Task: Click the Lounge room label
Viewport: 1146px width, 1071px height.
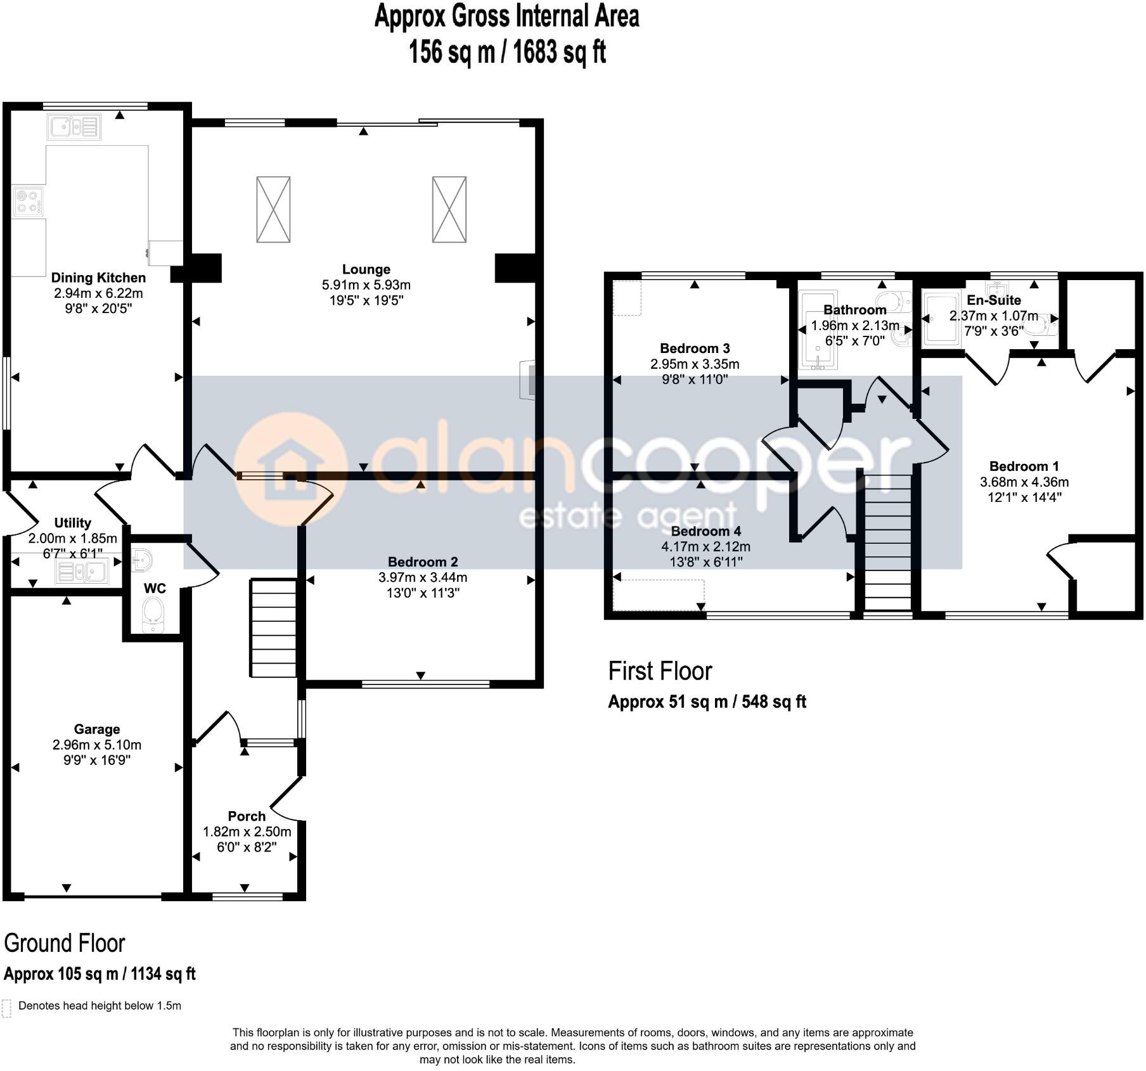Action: click(x=366, y=269)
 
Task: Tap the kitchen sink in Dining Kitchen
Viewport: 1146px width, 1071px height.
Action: click(x=74, y=127)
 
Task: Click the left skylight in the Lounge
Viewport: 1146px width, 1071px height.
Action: click(x=273, y=209)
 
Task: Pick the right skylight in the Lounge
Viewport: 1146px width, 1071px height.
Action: click(x=449, y=209)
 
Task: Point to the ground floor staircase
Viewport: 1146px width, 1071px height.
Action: click(x=274, y=627)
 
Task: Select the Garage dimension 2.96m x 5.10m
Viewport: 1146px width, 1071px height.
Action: click(x=96, y=745)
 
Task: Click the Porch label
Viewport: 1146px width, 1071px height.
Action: click(x=247, y=816)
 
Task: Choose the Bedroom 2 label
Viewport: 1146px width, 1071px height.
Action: click(x=423, y=561)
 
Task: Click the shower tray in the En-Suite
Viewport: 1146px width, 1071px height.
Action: click(x=942, y=319)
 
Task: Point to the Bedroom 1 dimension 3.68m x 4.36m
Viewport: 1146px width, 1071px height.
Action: click(x=1024, y=482)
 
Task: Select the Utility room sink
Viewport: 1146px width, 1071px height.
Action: click(x=82, y=572)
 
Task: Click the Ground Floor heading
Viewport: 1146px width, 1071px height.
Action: click(x=65, y=944)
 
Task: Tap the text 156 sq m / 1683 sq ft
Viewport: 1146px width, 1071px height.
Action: click(x=507, y=52)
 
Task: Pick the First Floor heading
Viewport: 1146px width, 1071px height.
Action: click(x=660, y=671)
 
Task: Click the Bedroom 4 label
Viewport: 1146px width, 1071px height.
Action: click(x=705, y=531)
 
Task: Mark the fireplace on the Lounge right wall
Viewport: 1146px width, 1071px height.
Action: click(x=527, y=380)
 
